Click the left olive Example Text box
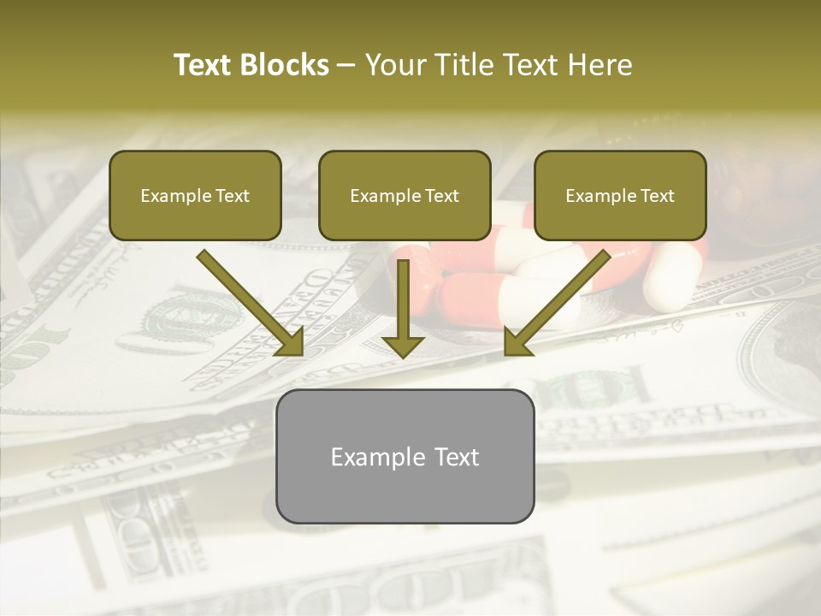pyautogui.click(x=195, y=195)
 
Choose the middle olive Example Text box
pyautogui.click(x=405, y=195)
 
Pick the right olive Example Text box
pyautogui.click(x=620, y=195)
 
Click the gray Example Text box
pyautogui.click(x=405, y=456)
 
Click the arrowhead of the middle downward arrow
pyautogui.click(x=403, y=345)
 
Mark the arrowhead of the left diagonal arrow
pyautogui.click(x=291, y=342)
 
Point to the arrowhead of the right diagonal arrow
pyautogui.click(x=518, y=342)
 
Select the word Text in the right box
pyautogui.click(x=658, y=196)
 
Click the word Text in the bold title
pyautogui.click(x=205, y=65)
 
